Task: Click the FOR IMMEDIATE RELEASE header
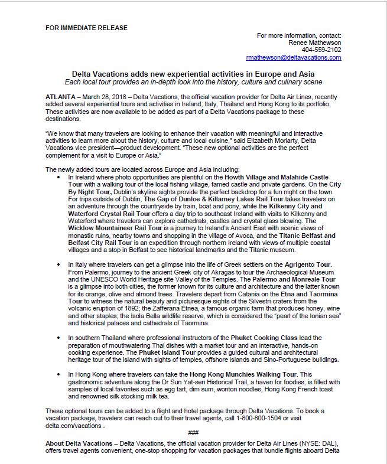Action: point(86,28)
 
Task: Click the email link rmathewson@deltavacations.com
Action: point(294,57)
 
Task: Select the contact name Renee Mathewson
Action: point(315,43)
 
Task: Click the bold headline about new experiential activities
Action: point(193,74)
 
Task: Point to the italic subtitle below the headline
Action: point(193,81)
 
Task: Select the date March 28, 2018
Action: point(105,96)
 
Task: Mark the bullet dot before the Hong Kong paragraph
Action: point(61,374)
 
